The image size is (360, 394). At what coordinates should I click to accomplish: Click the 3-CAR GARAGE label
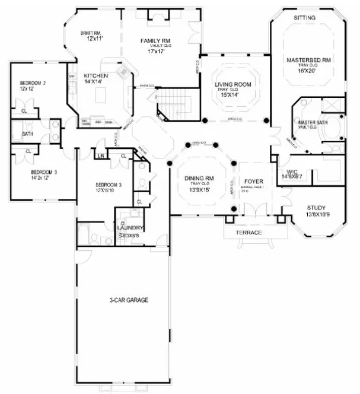click(x=128, y=300)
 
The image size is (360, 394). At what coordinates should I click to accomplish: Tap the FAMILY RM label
click(x=155, y=41)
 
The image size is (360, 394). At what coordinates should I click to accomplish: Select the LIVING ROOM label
click(x=232, y=85)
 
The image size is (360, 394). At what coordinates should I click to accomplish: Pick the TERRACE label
click(x=249, y=233)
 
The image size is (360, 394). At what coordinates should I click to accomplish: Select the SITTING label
click(x=304, y=18)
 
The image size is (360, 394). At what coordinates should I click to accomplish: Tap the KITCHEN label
click(x=95, y=76)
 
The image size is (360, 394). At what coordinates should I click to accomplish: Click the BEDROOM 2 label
click(x=33, y=83)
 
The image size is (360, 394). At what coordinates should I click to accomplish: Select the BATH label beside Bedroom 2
click(x=28, y=134)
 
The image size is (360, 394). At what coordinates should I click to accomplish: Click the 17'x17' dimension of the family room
click(x=155, y=51)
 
